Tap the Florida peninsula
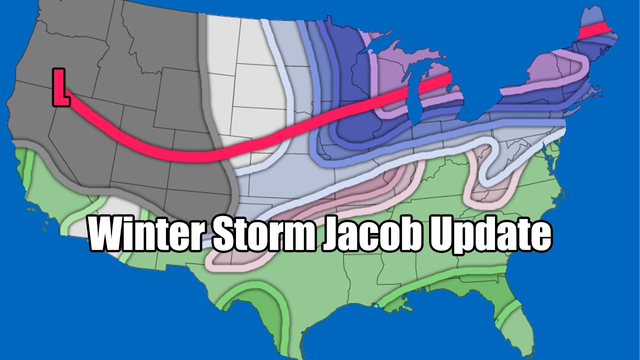point(520,320)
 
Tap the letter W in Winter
point(108,234)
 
